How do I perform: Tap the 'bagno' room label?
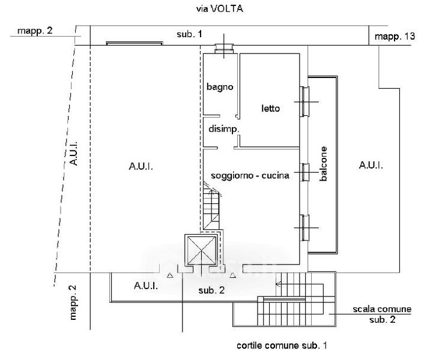click(219, 87)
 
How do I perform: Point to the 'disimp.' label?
click(224, 129)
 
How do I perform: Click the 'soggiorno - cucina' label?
click(250, 176)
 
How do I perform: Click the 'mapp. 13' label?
click(395, 37)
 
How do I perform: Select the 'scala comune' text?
click(381, 310)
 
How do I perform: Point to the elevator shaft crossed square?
click(201, 250)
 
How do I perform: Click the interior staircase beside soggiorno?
click(211, 210)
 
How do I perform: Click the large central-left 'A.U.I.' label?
click(141, 167)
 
